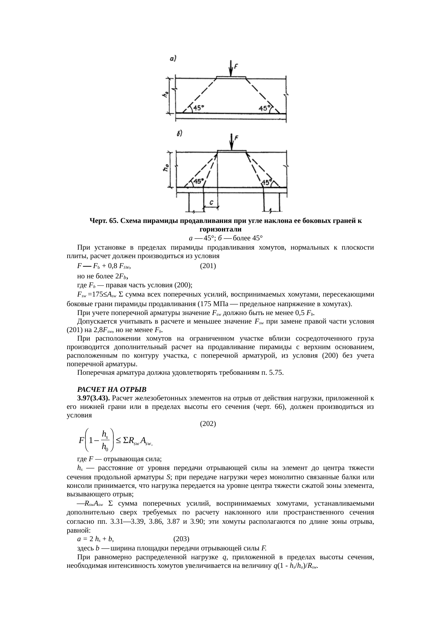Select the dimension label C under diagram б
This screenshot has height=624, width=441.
pos(211,202)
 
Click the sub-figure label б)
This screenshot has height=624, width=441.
pos(180,134)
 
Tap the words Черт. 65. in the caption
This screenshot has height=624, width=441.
pos(103,221)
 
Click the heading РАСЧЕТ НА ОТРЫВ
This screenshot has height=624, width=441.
pos(112,388)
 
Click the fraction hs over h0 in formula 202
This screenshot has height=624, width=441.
pos(105,440)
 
